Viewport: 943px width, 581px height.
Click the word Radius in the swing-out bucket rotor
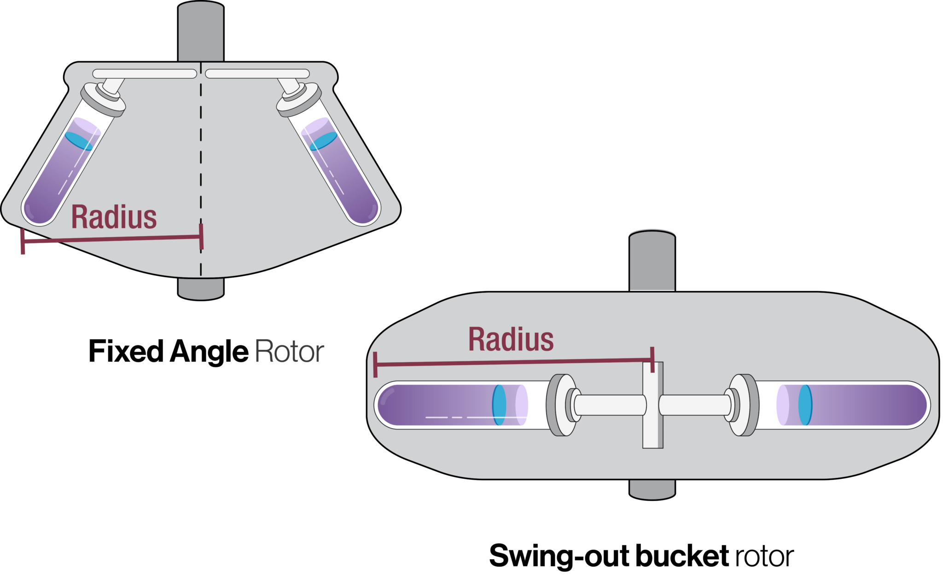[x=511, y=340]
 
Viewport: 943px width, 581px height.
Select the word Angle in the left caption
[x=209, y=352]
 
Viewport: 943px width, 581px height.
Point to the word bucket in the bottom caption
[x=682, y=556]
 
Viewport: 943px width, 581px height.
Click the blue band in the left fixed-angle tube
[x=78, y=141]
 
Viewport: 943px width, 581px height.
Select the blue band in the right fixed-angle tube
[x=323, y=141]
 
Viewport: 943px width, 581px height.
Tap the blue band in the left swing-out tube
[x=499, y=405]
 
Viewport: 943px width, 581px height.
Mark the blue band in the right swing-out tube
[x=805, y=405]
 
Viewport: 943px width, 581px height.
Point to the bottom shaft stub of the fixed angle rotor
[x=201, y=289]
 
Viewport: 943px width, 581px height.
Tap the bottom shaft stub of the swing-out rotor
[x=652, y=489]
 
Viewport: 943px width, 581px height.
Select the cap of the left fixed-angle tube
[x=104, y=99]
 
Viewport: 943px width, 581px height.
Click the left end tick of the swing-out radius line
[x=376, y=365]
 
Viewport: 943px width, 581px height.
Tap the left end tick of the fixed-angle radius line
[x=23, y=241]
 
